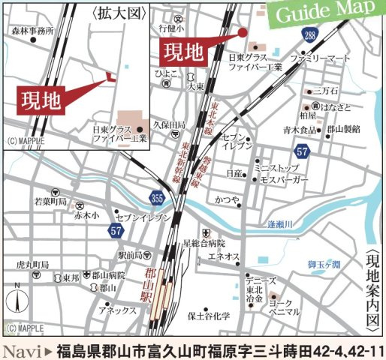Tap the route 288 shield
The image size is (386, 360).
tap(310, 36)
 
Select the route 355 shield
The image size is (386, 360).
tap(155, 196)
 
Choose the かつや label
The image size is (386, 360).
tap(226, 200)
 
